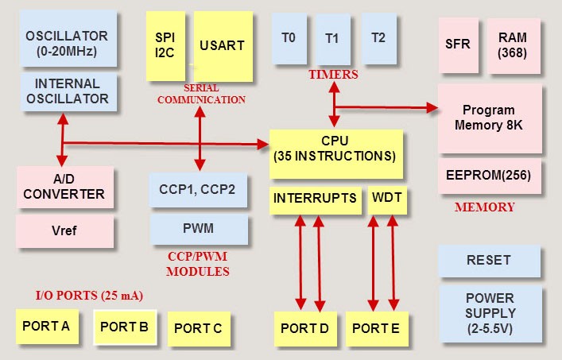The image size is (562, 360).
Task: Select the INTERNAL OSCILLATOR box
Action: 67,91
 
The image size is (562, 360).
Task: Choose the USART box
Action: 223,45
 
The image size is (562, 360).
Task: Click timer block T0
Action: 289,37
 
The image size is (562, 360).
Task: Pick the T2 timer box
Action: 379,37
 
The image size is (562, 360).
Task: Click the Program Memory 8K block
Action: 489,118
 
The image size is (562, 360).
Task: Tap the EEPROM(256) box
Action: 489,174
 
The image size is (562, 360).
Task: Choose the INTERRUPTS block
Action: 315,199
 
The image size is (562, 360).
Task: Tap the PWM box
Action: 198,229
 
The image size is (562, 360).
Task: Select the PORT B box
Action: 125,326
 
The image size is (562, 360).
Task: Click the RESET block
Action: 489,260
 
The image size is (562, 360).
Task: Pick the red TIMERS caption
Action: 331,75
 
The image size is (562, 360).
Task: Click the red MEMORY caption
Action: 484,207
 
